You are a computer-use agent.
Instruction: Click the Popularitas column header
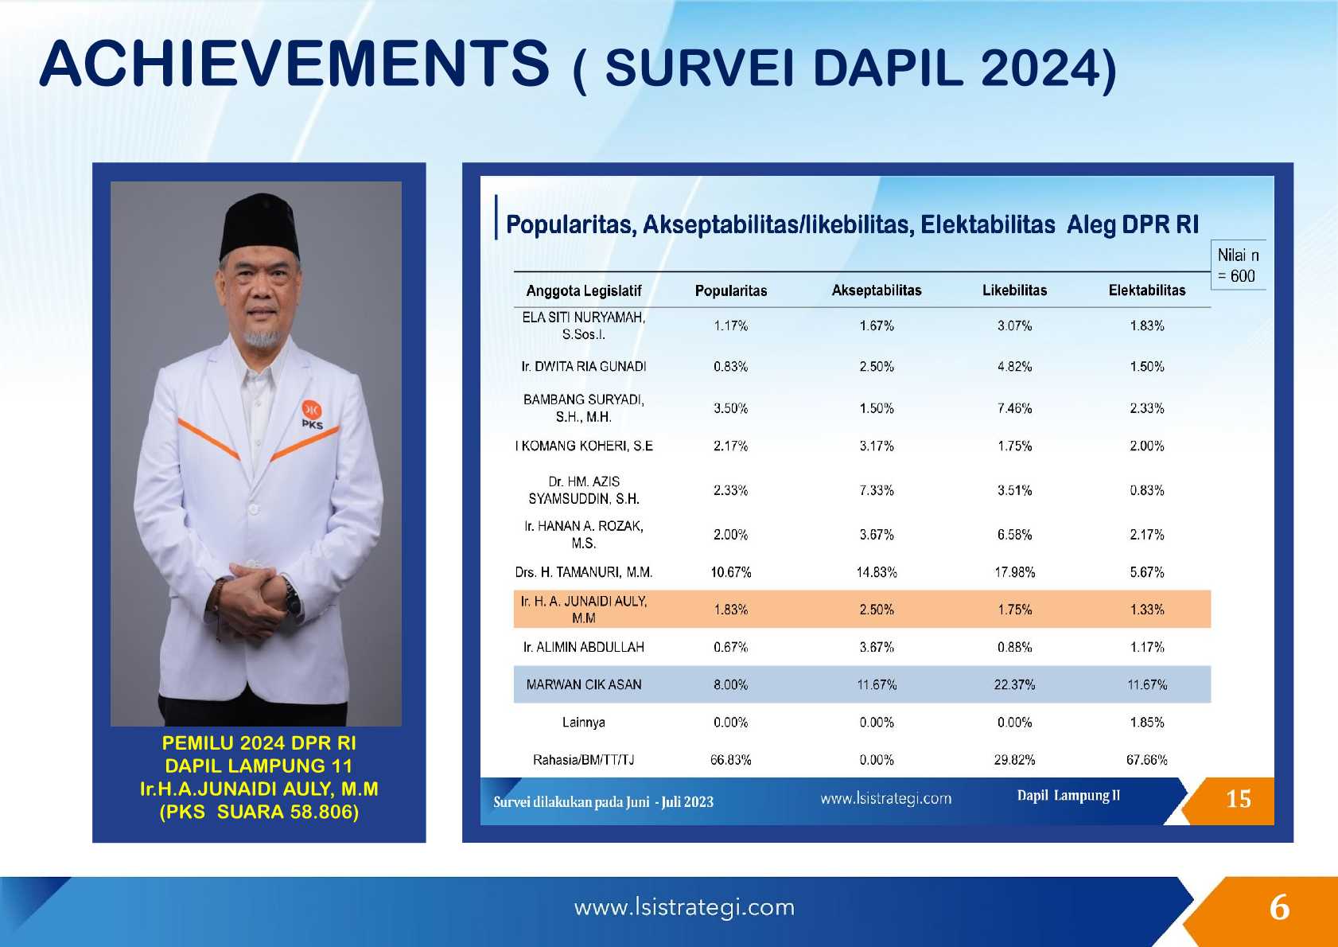pos(730,291)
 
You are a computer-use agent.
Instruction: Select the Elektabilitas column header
pos(1147,290)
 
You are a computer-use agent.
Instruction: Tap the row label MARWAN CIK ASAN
pos(584,684)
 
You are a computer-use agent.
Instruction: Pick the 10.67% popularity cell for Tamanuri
pos(730,572)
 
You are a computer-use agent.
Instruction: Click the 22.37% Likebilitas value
pos(1014,684)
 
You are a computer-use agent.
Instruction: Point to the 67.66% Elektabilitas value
pos(1147,760)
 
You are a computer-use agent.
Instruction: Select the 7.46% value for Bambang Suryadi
pos(1014,409)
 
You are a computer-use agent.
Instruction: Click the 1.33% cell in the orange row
pos(1147,610)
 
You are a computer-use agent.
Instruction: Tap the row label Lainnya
pos(584,723)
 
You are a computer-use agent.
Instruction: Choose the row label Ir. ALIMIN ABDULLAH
pos(584,647)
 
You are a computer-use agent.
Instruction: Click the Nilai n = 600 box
pos(1239,265)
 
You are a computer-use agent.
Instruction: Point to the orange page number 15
pos(1239,800)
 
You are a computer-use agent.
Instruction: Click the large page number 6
pos(1279,908)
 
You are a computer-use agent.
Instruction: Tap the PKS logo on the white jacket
pos(312,414)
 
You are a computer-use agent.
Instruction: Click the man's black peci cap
pos(260,225)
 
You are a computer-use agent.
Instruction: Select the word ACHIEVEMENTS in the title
pos(294,64)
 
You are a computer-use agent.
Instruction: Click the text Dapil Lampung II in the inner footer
pos(1068,796)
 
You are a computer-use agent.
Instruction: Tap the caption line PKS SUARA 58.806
pos(259,812)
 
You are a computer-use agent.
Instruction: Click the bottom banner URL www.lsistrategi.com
pos(685,907)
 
